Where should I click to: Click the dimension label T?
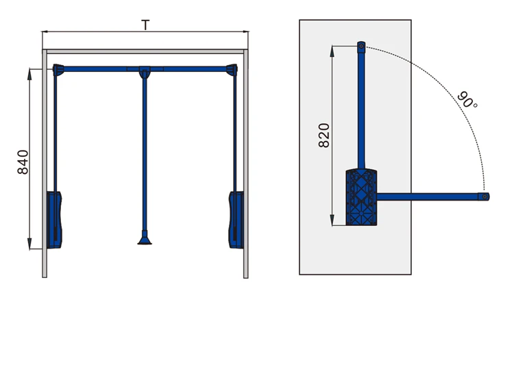pyautogui.click(x=145, y=25)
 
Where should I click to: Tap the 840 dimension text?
pyautogui.click(x=23, y=162)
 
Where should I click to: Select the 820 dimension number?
pyautogui.click(x=324, y=136)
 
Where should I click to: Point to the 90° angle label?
pyautogui.click(x=467, y=99)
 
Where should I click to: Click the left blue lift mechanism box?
pyautogui.click(x=54, y=220)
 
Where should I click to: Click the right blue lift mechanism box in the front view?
pyautogui.click(x=236, y=220)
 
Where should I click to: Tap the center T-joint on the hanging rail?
pyautogui.click(x=145, y=72)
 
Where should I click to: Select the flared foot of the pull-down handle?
pyautogui.click(x=145, y=238)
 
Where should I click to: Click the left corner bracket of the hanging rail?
pyautogui.click(x=58, y=70)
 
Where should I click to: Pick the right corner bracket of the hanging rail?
pyautogui.click(x=232, y=70)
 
